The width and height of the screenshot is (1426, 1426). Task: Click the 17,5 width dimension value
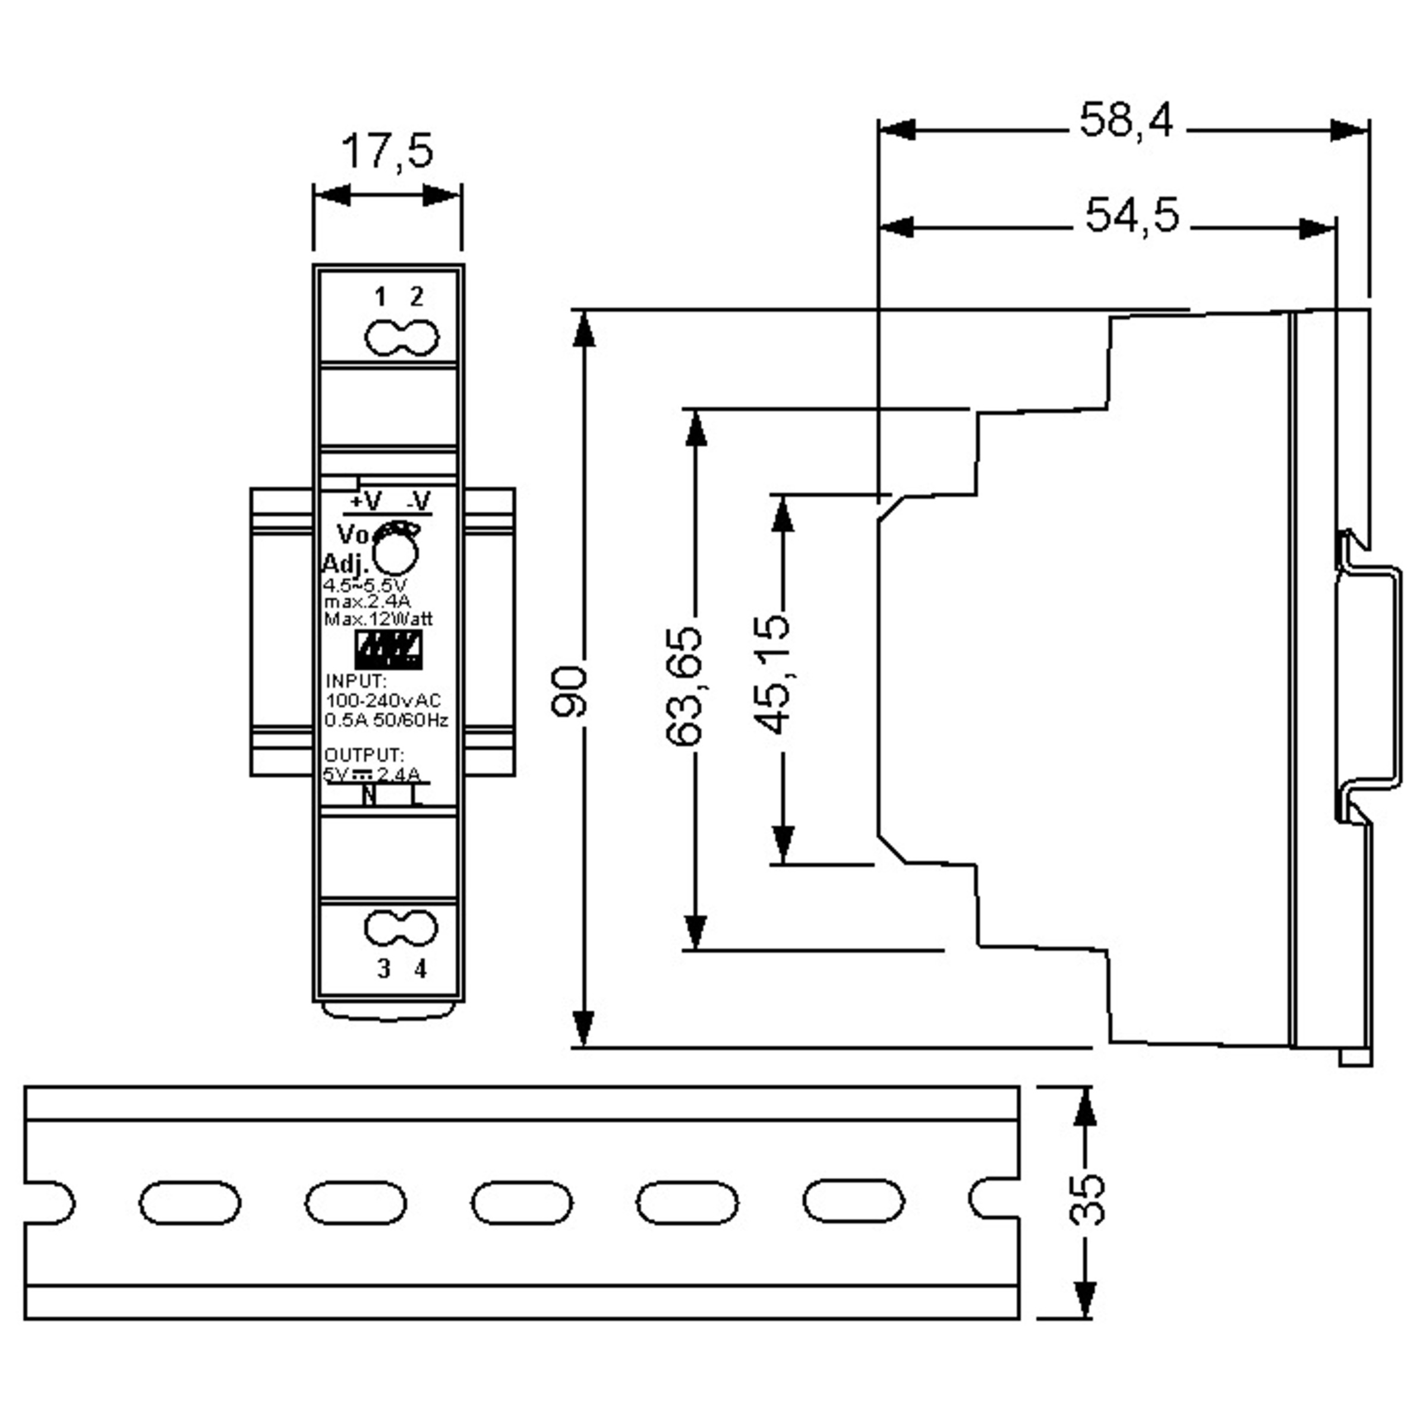click(387, 152)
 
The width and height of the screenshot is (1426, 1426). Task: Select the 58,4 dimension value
click(1125, 120)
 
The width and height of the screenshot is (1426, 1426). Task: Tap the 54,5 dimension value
click(1131, 216)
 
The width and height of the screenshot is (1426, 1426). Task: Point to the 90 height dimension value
click(569, 691)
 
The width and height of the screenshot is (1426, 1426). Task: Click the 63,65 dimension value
click(683, 686)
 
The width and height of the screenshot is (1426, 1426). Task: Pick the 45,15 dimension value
click(772, 674)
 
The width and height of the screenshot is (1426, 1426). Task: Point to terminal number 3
click(383, 969)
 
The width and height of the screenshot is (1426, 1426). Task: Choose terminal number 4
click(421, 969)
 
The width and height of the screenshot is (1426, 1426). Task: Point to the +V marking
click(365, 502)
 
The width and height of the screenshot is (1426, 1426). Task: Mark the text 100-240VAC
click(383, 700)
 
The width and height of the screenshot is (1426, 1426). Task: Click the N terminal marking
click(368, 796)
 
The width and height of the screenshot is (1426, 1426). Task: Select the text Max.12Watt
click(378, 619)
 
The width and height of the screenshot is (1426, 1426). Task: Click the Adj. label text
click(345, 564)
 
